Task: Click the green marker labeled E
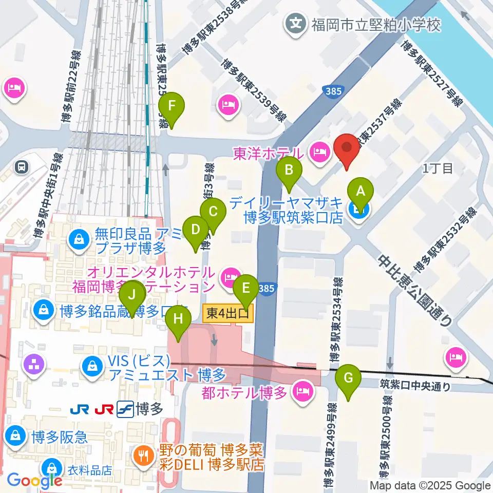246,287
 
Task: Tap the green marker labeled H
178,319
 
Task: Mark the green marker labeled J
132,295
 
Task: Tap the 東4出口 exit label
229,312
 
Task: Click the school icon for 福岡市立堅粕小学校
296,23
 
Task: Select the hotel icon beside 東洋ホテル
319,151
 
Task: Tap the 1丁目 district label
438,169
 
